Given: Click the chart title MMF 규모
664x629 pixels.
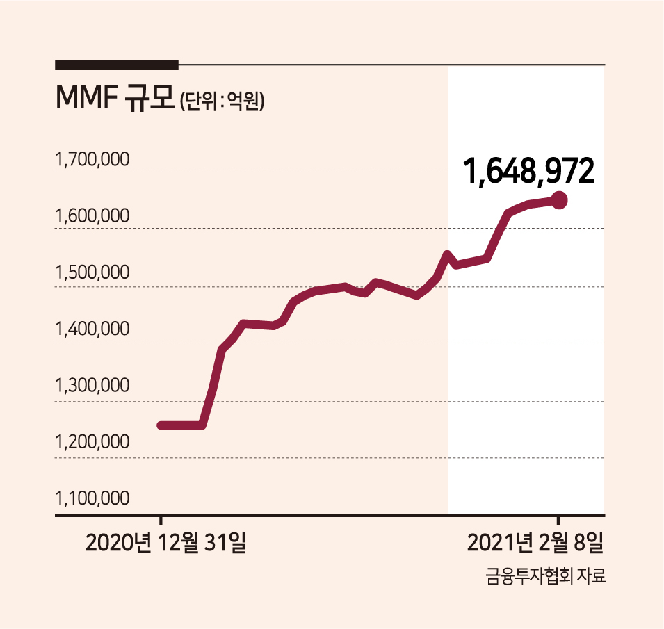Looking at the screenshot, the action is [115, 98].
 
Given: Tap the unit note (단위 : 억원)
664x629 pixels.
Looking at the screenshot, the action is [222, 101].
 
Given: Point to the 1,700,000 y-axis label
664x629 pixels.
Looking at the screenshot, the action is [92, 159].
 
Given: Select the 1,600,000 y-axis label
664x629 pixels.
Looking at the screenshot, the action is [92, 215].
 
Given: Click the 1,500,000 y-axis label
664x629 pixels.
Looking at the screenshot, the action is [92, 272].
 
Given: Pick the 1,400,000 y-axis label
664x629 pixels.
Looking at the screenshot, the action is [92, 329].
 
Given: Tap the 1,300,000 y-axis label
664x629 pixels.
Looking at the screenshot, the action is [92, 385].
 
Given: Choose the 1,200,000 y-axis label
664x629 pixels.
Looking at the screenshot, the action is [92, 441].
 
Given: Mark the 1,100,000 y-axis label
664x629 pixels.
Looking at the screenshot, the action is [92, 498].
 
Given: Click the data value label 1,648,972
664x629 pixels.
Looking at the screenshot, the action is [529, 172].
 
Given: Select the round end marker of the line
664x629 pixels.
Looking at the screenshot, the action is [558, 200].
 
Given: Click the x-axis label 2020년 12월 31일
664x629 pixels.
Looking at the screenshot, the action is [165, 542].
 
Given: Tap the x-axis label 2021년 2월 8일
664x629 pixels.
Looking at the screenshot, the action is [535, 542].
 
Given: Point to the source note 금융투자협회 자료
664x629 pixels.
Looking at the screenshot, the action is [546, 576].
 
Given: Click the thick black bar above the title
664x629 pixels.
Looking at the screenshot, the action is [117, 65].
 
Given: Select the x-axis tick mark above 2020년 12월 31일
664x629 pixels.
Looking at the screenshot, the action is [161, 520].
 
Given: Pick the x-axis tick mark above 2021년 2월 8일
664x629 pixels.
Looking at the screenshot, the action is [558, 520].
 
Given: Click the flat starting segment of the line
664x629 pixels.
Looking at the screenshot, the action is [181, 425].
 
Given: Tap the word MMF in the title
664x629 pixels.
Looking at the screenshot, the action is [86, 98].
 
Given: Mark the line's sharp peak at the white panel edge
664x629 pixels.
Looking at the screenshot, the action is [447, 254].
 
